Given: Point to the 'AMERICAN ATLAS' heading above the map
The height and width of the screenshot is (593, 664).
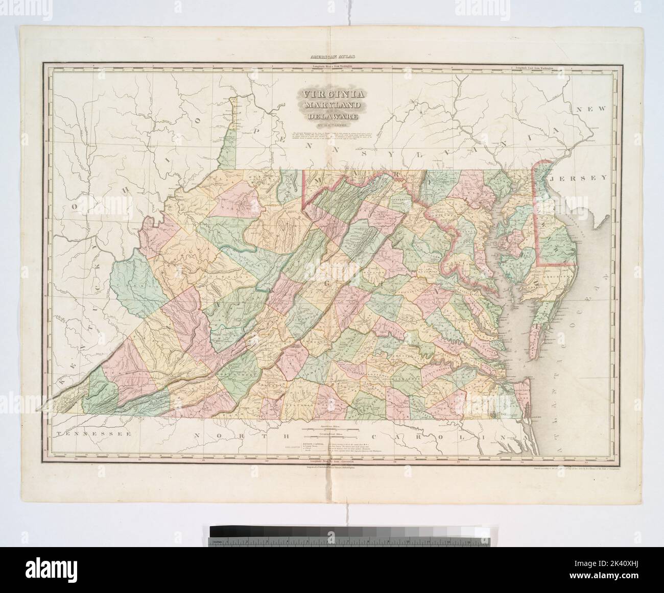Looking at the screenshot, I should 332,58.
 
